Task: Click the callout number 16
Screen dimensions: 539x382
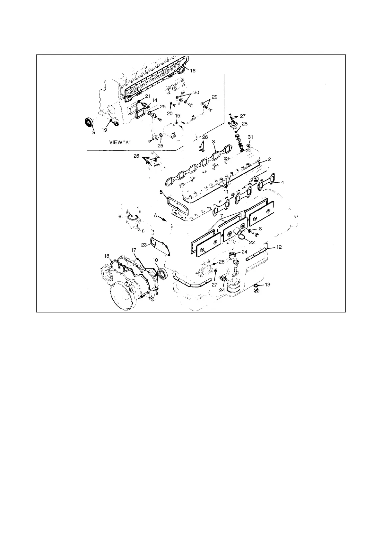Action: point(193,71)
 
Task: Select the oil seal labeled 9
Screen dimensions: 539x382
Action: point(89,122)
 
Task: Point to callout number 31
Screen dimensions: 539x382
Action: point(251,137)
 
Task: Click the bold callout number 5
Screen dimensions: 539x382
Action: point(162,192)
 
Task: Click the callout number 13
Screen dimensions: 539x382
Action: point(267,284)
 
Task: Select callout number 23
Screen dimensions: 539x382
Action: point(144,245)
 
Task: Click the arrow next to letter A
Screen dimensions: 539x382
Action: point(164,219)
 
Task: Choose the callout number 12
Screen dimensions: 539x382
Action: point(279,247)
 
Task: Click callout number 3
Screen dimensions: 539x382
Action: point(213,141)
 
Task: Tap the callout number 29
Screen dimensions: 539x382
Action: point(215,96)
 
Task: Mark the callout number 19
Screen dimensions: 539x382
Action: point(104,130)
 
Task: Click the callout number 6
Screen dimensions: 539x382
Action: point(120,217)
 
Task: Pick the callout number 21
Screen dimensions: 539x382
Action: point(148,96)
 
